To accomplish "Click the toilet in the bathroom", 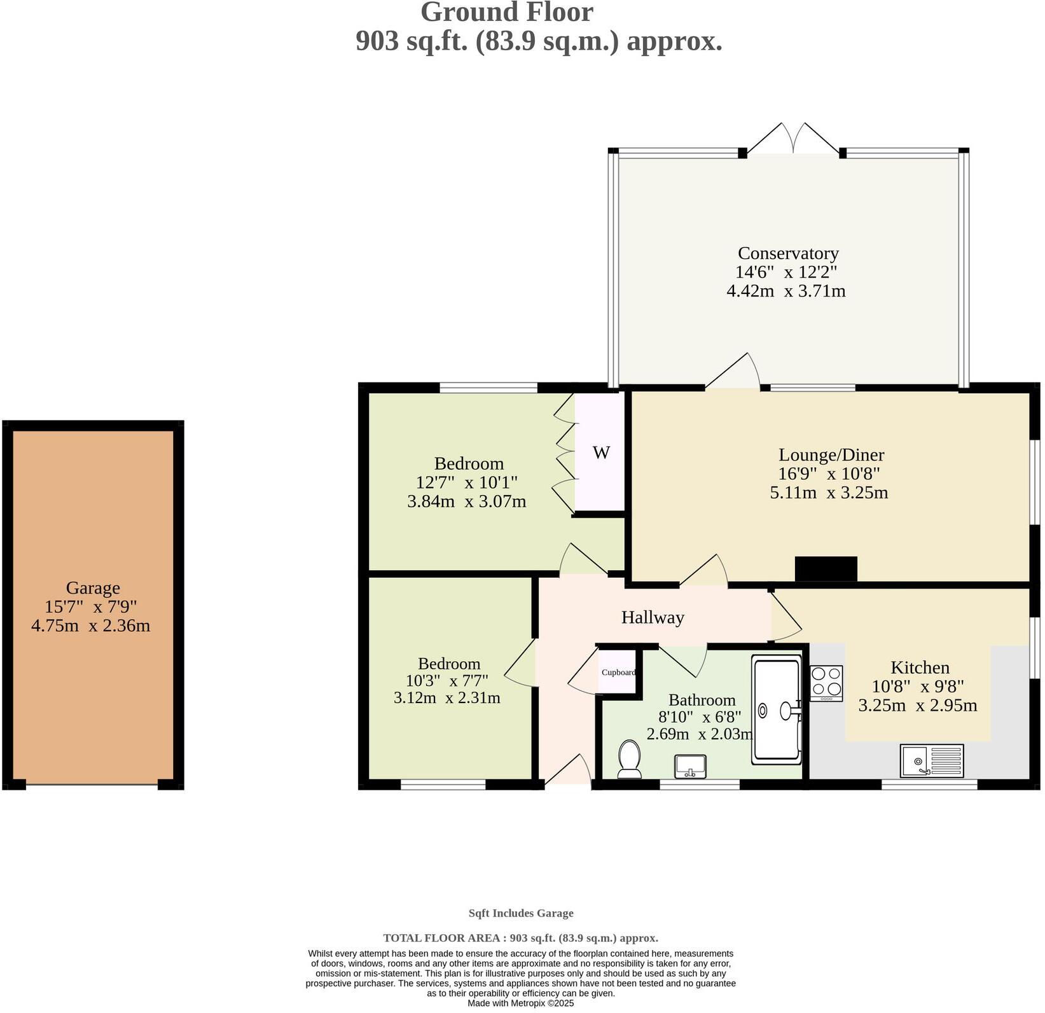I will [x=629, y=758].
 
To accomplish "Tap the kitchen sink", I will [x=932, y=760].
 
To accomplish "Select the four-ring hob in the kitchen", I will [x=826, y=683].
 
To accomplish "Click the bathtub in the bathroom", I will [x=777, y=709].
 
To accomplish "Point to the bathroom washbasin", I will [x=691, y=766].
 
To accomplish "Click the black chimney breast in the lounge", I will [x=826, y=568].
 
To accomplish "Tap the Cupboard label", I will [x=618, y=672].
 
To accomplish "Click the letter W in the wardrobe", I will [x=601, y=453].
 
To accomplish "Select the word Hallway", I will [x=653, y=617].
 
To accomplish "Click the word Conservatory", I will [x=787, y=253].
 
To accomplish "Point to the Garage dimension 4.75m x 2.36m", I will [x=91, y=625].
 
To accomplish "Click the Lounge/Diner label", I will [x=831, y=455].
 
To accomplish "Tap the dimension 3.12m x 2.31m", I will [x=446, y=698].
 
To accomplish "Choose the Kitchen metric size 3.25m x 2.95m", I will [x=917, y=705].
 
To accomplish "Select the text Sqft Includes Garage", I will [x=521, y=913].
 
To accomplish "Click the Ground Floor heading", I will [x=507, y=13].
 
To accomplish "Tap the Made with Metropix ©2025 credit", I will [x=520, y=1003].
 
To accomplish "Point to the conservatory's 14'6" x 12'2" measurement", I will [x=785, y=272].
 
